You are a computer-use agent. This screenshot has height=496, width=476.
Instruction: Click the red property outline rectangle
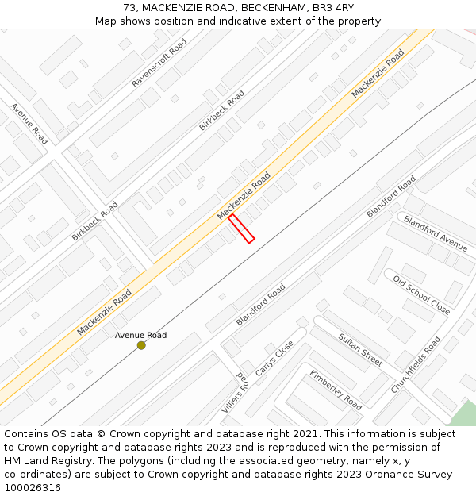coord(241,228)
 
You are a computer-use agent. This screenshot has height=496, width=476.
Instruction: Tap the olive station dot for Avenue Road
coord(141,345)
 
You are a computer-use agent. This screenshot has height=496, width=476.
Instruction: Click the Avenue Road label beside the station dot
coord(140,335)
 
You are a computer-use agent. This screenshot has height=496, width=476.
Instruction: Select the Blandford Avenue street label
coord(436,233)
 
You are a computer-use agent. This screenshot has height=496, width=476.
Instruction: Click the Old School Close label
coord(422,294)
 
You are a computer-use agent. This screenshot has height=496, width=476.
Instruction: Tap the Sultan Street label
coord(361,349)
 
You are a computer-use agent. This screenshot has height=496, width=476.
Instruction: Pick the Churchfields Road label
coord(415,365)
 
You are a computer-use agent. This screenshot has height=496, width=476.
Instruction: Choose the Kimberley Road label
coord(336,390)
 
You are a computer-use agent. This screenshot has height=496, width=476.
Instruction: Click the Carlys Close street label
coord(274,359)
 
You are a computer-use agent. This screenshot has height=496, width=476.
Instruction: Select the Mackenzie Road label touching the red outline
coord(244,196)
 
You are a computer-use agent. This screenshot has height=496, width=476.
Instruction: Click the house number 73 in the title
coord(129,8)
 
